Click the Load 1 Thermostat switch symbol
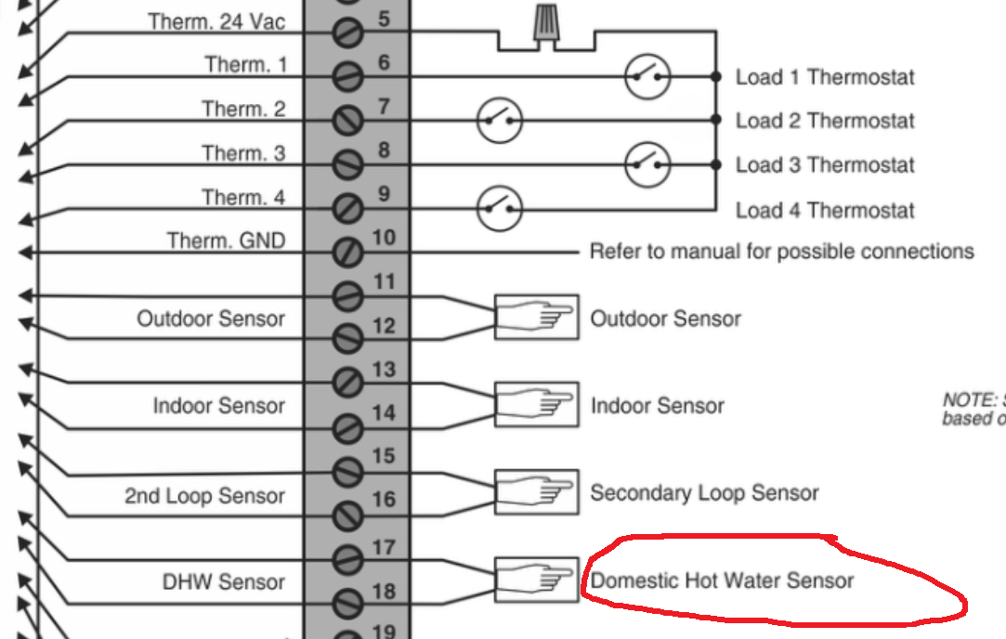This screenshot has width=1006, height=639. [647, 76]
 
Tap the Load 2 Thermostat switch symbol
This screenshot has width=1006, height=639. [500, 120]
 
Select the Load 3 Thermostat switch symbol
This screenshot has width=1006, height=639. [647, 164]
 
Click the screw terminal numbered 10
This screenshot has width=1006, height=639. [347, 252]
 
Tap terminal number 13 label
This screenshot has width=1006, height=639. [384, 370]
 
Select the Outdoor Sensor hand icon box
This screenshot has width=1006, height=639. [536, 318]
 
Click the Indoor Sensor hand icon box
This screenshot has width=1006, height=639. [536, 405]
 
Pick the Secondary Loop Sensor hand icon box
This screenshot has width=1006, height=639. [536, 492]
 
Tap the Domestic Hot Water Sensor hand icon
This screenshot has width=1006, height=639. [536, 580]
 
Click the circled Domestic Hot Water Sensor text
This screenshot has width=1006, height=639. [722, 581]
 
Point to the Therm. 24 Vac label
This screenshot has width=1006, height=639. [217, 20]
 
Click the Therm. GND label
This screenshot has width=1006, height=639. [226, 241]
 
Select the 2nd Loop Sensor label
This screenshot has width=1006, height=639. [204, 496]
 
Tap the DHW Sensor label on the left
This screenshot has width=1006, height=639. [223, 582]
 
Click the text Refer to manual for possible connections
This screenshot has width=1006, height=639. [781, 252]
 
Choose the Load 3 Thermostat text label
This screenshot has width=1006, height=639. [825, 165]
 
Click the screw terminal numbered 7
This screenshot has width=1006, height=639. [347, 120]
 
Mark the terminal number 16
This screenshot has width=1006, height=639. [384, 500]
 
